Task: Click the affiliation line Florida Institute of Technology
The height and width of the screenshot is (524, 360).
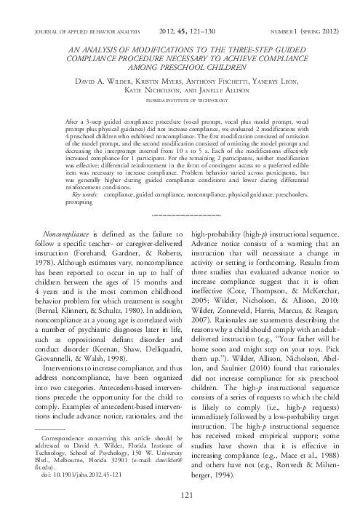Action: point(180,95)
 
